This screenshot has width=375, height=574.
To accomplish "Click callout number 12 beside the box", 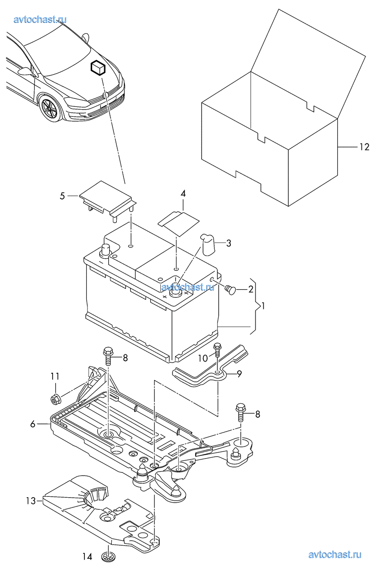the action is tap(364, 147).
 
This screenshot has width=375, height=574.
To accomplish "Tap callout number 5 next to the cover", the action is tap(62, 196).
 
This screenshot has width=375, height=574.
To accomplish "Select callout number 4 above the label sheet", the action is tap(183, 194).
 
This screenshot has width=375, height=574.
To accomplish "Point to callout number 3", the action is tap(229, 243).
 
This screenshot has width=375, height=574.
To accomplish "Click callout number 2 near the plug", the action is tap(251, 289).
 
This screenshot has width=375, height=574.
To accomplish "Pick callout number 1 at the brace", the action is tap(263, 306).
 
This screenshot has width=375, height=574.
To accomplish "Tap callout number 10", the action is tap(203, 358).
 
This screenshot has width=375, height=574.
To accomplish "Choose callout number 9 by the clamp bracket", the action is tap(239, 374).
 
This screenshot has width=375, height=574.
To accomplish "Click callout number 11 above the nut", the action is tap(55, 376).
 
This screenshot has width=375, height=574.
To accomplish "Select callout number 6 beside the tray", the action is tap(32, 424).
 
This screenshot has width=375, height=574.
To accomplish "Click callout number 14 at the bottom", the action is tap(87, 555).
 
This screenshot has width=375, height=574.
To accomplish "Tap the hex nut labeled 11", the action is tap(54, 399).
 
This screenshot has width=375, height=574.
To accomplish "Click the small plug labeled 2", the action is tap(230, 290).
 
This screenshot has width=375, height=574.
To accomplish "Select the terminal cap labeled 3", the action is tap(208, 244).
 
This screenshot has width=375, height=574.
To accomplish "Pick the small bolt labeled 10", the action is tap(217, 349).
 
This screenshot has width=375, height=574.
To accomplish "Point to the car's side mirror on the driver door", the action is tap(26, 71).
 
